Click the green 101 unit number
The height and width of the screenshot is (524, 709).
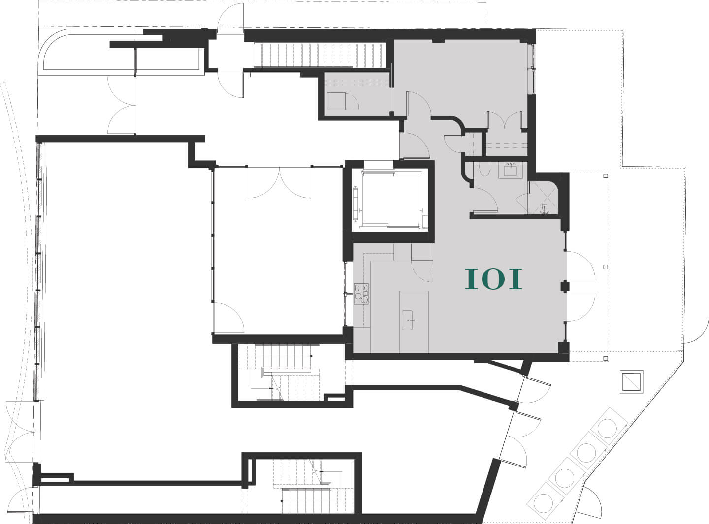tap(493, 279)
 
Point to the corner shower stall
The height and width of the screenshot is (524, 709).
tap(544, 198)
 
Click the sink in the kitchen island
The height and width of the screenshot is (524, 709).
tap(407, 320)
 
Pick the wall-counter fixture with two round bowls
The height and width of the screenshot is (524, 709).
tap(361, 293)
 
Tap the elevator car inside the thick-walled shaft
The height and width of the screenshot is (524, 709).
tap(390, 200)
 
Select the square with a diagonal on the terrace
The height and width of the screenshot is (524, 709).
tap(631, 381)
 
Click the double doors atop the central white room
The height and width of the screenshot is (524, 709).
tap(279, 182)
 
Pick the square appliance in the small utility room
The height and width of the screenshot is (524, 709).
tap(336, 101)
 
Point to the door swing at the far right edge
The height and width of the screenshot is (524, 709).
tap(696, 330)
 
